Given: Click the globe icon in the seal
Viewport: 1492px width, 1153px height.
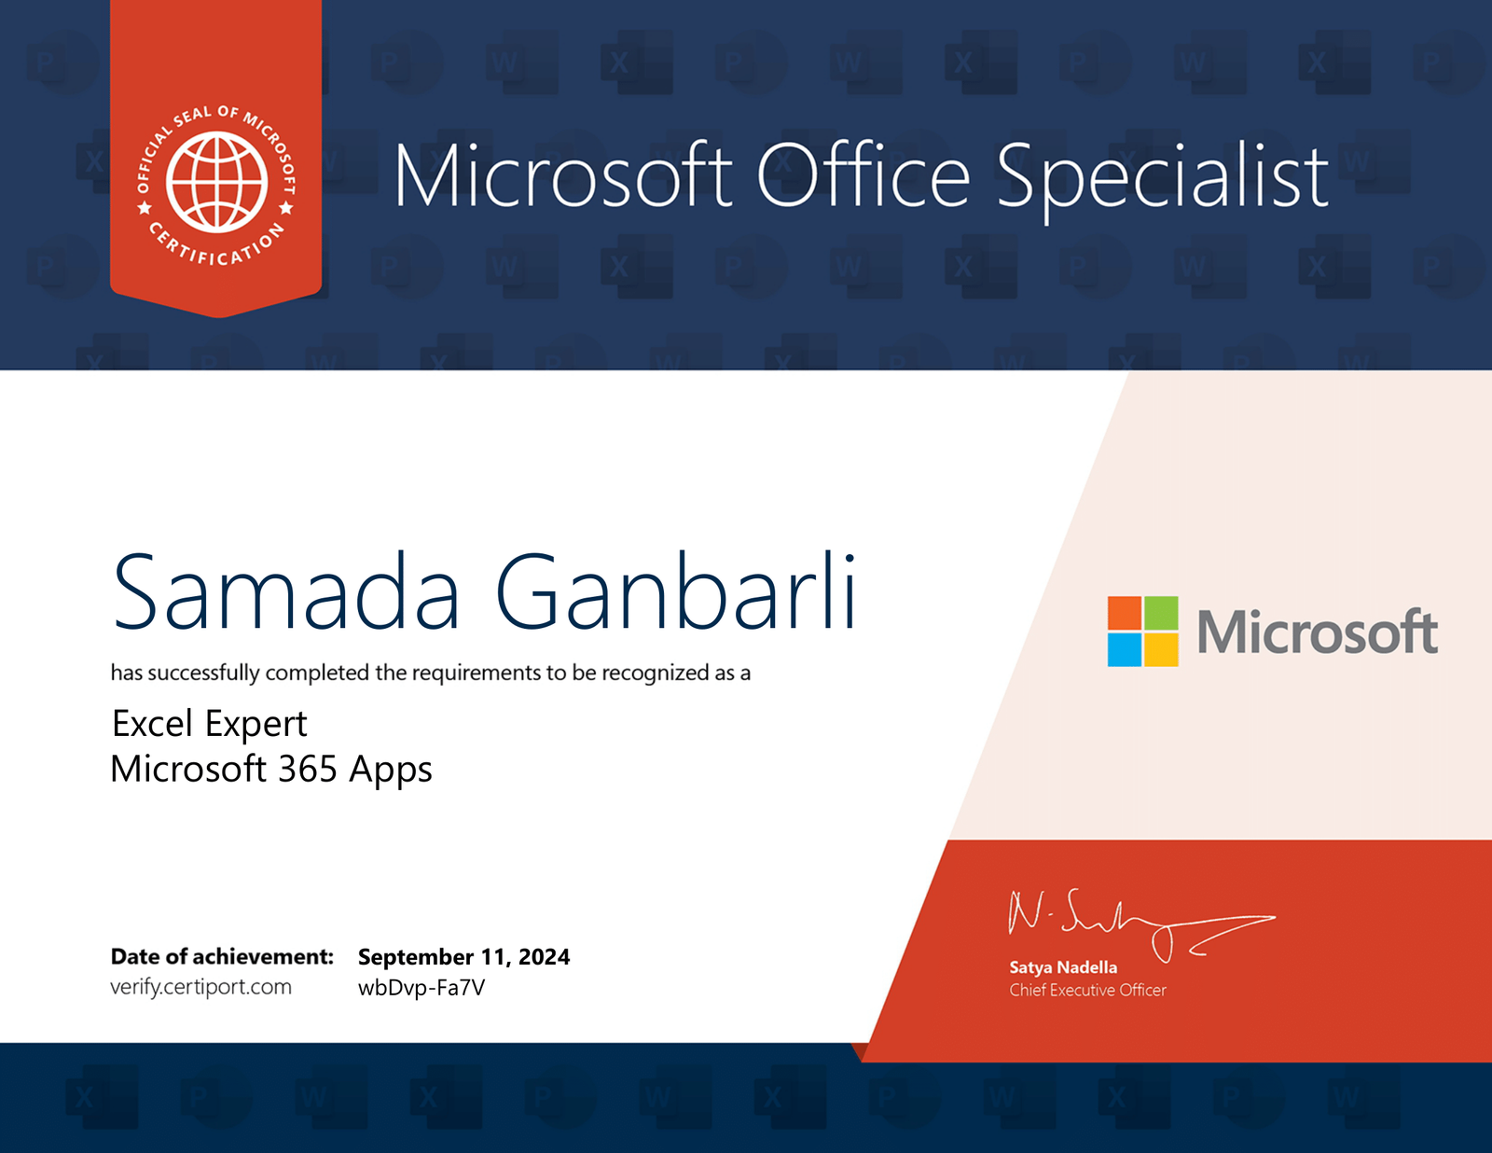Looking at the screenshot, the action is click(x=217, y=182).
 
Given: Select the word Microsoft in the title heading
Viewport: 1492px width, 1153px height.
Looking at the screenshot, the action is click(x=563, y=174).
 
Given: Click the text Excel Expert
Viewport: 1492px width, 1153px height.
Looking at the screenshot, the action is click(x=210, y=724).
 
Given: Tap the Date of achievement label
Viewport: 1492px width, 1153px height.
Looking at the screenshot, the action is click(x=223, y=956).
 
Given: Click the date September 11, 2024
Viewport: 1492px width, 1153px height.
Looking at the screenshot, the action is click(x=464, y=956).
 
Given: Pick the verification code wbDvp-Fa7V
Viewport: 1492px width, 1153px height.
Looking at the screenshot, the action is click(x=421, y=988).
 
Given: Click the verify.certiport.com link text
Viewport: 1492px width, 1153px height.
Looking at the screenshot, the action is click(x=201, y=988).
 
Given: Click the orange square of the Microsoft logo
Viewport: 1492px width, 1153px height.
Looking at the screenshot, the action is click(x=1124, y=613).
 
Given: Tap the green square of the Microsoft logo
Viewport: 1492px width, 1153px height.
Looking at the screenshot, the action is click(x=1161, y=613).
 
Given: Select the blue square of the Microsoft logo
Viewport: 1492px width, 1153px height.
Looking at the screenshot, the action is click(x=1124, y=649).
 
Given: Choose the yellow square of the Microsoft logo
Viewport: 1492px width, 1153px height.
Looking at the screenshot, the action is click(x=1161, y=649).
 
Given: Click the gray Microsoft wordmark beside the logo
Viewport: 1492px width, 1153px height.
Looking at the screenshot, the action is click(x=1318, y=632).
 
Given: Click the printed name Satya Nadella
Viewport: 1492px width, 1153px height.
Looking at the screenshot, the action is click(x=1063, y=967).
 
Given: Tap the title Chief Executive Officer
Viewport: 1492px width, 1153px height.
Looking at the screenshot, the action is click(x=1087, y=991).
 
